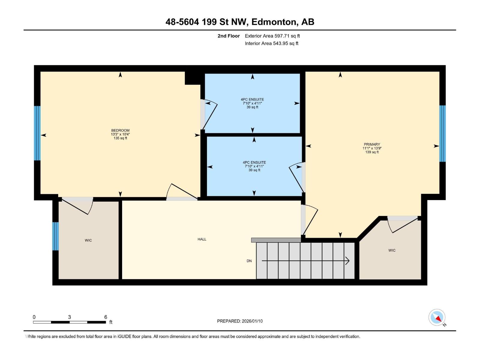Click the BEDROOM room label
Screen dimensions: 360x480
click(120, 130)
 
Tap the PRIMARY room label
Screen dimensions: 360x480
click(372, 144)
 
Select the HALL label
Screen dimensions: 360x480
click(202, 239)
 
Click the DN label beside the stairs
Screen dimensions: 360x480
click(249, 261)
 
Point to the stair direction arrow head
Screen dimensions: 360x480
click(348, 261)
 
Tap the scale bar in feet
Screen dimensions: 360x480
click(69, 322)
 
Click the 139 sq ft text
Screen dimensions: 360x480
click(372, 152)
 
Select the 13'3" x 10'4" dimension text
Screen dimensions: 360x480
click(120, 134)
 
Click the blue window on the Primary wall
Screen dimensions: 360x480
click(442, 133)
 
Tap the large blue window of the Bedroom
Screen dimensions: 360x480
click(37, 133)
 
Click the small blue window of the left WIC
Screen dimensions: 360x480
click(55, 236)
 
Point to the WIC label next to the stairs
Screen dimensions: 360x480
click(392, 250)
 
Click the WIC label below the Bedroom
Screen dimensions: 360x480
click(88, 240)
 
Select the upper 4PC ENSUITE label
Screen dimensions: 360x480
click(252, 99)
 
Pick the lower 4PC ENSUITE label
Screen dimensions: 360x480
click(254, 162)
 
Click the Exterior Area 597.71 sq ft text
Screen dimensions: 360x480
click(272, 36)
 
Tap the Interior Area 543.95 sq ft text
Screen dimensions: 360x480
click(271, 43)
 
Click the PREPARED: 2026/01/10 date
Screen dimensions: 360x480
click(240, 321)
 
